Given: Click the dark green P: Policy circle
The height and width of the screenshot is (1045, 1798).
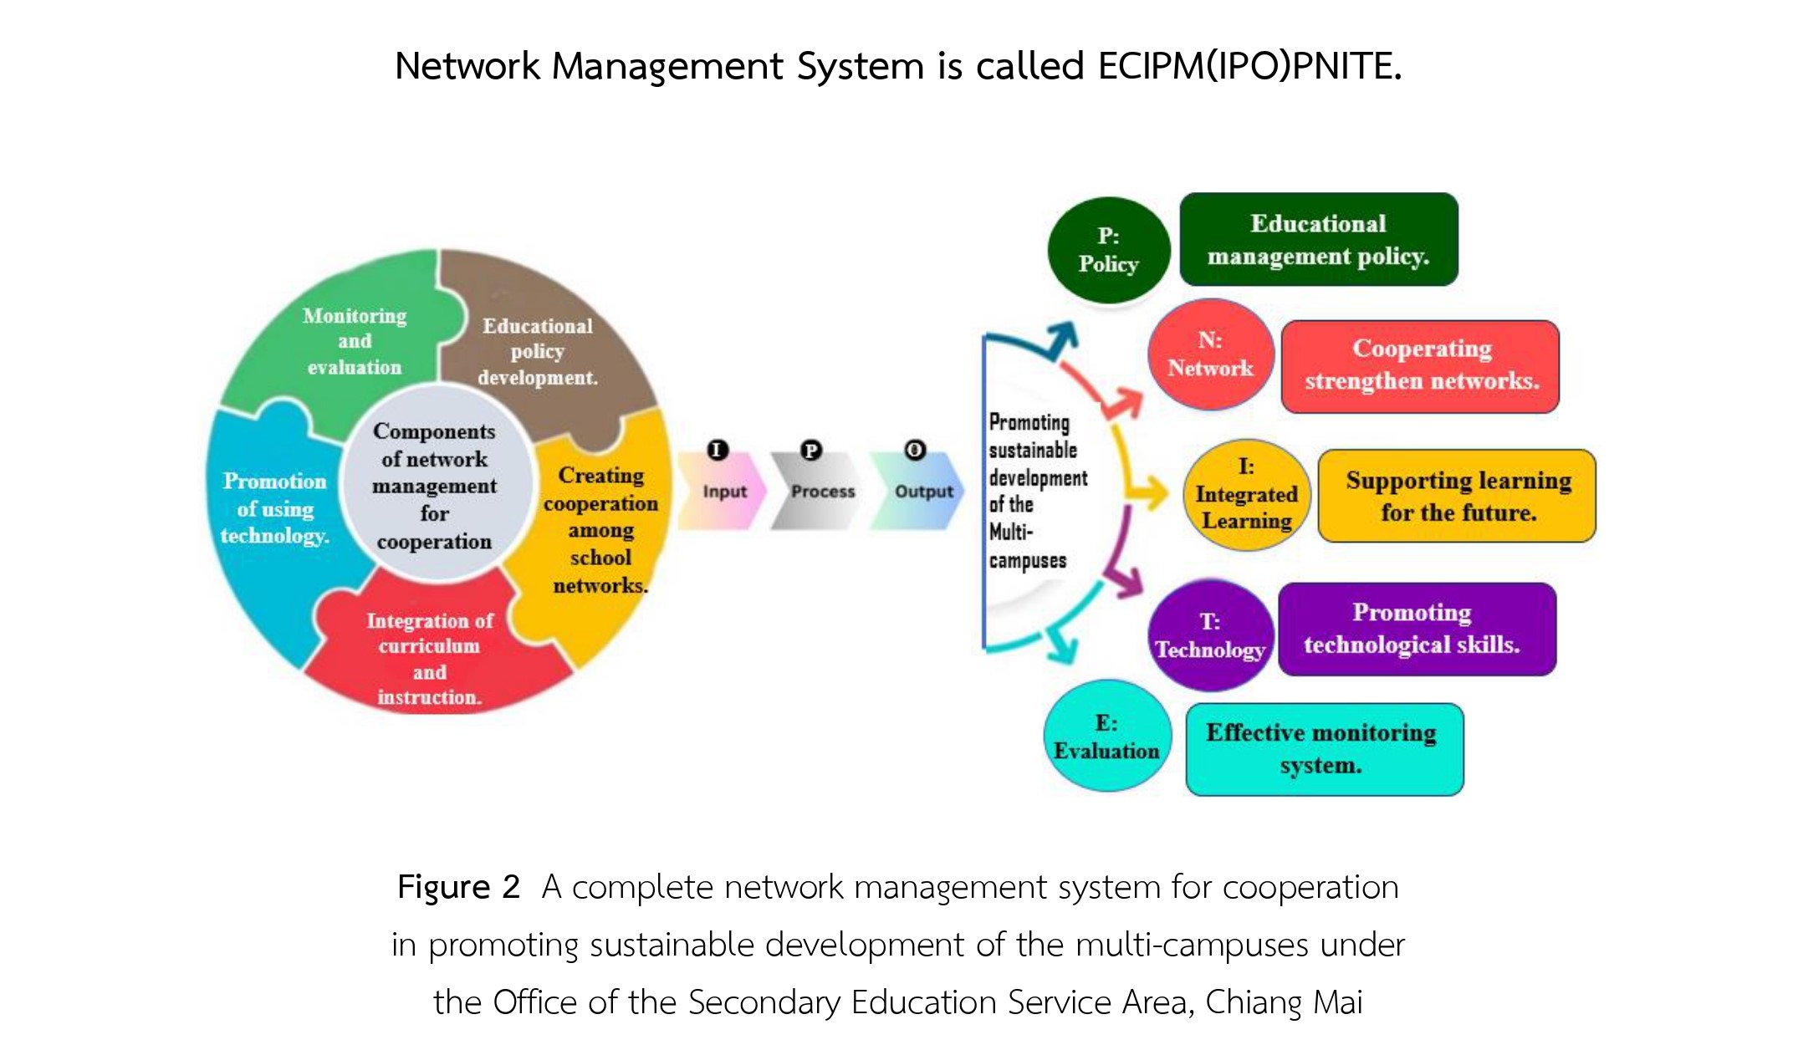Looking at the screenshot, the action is point(1108,250).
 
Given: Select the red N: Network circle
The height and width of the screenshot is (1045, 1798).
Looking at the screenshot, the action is point(1210,354).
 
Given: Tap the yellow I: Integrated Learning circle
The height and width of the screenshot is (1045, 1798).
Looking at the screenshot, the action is point(1246,494).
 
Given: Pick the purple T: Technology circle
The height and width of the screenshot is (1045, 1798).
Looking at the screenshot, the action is point(1210,635).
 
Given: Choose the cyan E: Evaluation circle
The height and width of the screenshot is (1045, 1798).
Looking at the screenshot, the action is point(1106,736).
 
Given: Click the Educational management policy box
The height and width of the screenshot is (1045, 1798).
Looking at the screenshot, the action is point(1319,240).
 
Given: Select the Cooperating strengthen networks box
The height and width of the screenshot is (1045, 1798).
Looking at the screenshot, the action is point(1421,366).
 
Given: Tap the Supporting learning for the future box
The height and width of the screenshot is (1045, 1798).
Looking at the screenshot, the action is point(1458,496).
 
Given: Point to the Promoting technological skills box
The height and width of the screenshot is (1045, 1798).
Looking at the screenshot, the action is point(1417,629).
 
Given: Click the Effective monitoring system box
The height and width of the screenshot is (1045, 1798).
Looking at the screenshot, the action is point(1325,749).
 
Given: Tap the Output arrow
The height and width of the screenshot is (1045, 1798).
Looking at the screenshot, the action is point(918,492).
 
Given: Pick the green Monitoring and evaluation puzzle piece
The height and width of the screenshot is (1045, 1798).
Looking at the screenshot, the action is point(351,343).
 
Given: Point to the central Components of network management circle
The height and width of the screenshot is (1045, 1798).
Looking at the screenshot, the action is point(435,485).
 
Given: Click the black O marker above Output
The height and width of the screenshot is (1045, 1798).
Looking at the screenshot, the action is point(915,450).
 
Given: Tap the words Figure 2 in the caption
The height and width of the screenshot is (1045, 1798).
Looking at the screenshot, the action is point(458,886).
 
